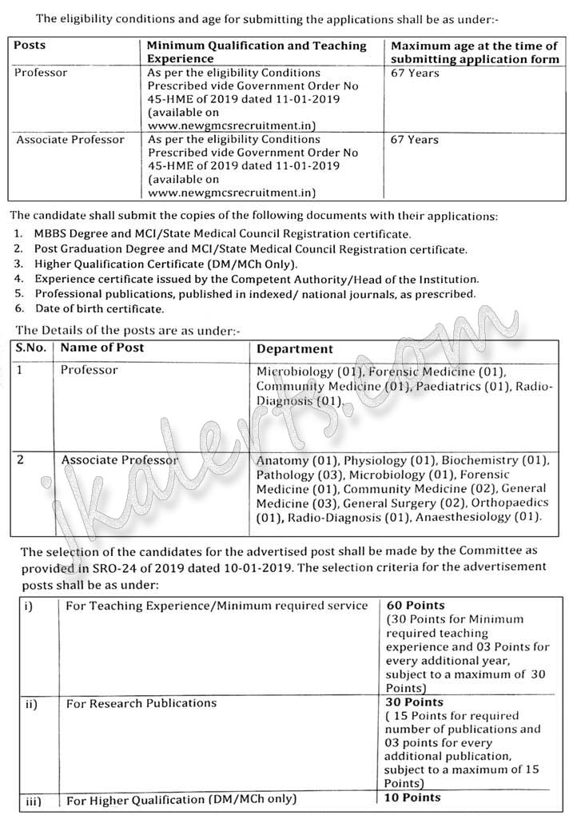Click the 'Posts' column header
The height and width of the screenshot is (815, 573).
[x=30, y=46]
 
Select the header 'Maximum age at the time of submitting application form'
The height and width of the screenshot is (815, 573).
[x=474, y=53]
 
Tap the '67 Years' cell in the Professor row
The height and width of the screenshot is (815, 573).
[x=414, y=74]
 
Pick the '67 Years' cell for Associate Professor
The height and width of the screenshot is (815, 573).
[x=414, y=140]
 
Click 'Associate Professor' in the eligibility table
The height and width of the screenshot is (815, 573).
[x=70, y=140]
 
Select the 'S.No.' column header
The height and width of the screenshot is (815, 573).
[x=32, y=348]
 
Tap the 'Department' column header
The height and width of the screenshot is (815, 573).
[x=295, y=349]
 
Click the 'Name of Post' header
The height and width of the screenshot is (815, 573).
[x=102, y=348]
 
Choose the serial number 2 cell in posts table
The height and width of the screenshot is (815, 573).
[x=22, y=460]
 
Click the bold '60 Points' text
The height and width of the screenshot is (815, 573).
[x=416, y=606]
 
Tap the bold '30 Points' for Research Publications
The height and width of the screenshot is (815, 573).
[x=416, y=702]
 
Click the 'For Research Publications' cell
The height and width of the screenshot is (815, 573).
[x=141, y=703]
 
